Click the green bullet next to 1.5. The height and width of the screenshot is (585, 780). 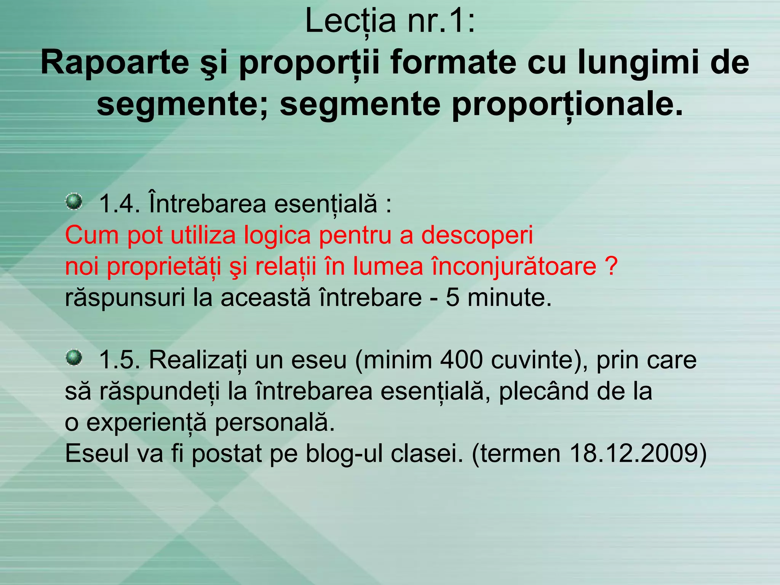(x=74, y=358)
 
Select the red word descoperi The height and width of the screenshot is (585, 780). (x=477, y=235)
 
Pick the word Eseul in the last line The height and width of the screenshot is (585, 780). (x=97, y=453)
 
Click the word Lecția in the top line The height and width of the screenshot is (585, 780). (x=351, y=22)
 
